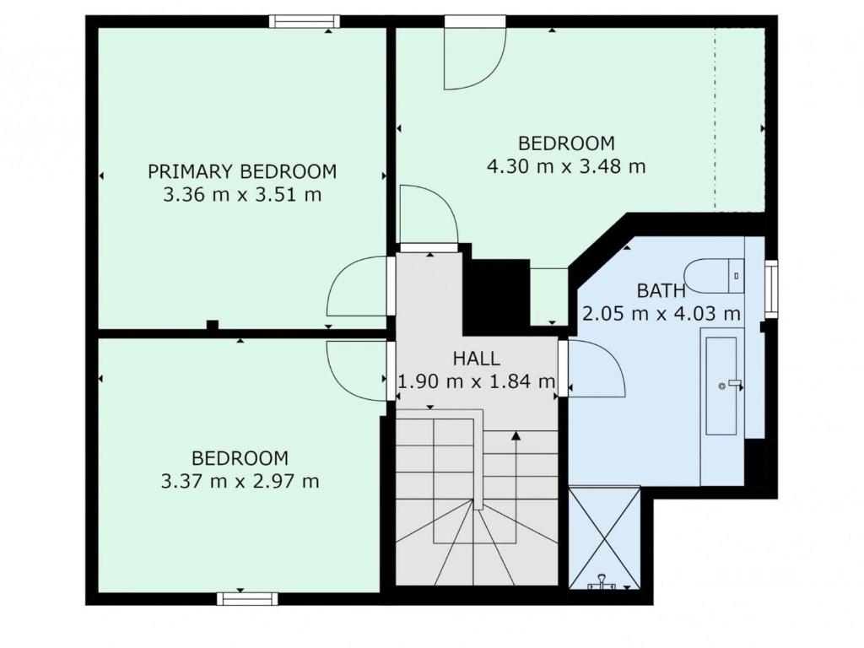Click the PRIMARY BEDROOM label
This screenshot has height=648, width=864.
(242, 171)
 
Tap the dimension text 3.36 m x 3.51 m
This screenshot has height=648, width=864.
(242, 195)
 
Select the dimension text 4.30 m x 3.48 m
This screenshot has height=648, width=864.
(566, 166)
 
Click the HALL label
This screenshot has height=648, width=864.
(477, 359)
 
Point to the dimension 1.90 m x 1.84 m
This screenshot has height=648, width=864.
(477, 381)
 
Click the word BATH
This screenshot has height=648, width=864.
(661, 290)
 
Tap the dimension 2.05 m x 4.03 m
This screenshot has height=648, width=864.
(661, 314)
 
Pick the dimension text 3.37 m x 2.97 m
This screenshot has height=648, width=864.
(240, 481)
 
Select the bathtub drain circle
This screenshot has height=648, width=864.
(722, 386)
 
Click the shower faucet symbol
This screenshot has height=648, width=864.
(602, 580)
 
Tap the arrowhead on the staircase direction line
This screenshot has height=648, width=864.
(516, 436)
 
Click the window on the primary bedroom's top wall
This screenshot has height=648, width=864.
(304, 21)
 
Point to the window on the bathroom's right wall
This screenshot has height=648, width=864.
(771, 289)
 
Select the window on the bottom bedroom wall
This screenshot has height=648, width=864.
(247, 598)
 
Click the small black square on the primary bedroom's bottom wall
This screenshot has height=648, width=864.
(212, 325)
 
